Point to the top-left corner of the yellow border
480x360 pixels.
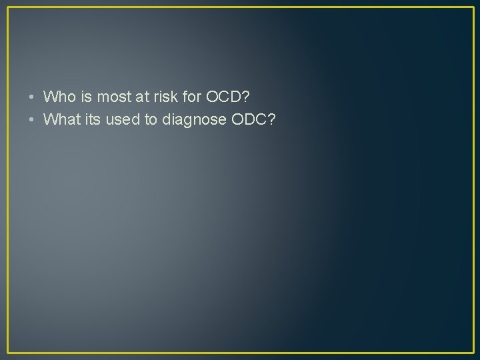point(8,7)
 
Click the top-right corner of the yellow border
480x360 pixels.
point(472,7)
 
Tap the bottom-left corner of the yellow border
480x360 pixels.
point(8,352)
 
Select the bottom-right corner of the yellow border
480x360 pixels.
point(472,352)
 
